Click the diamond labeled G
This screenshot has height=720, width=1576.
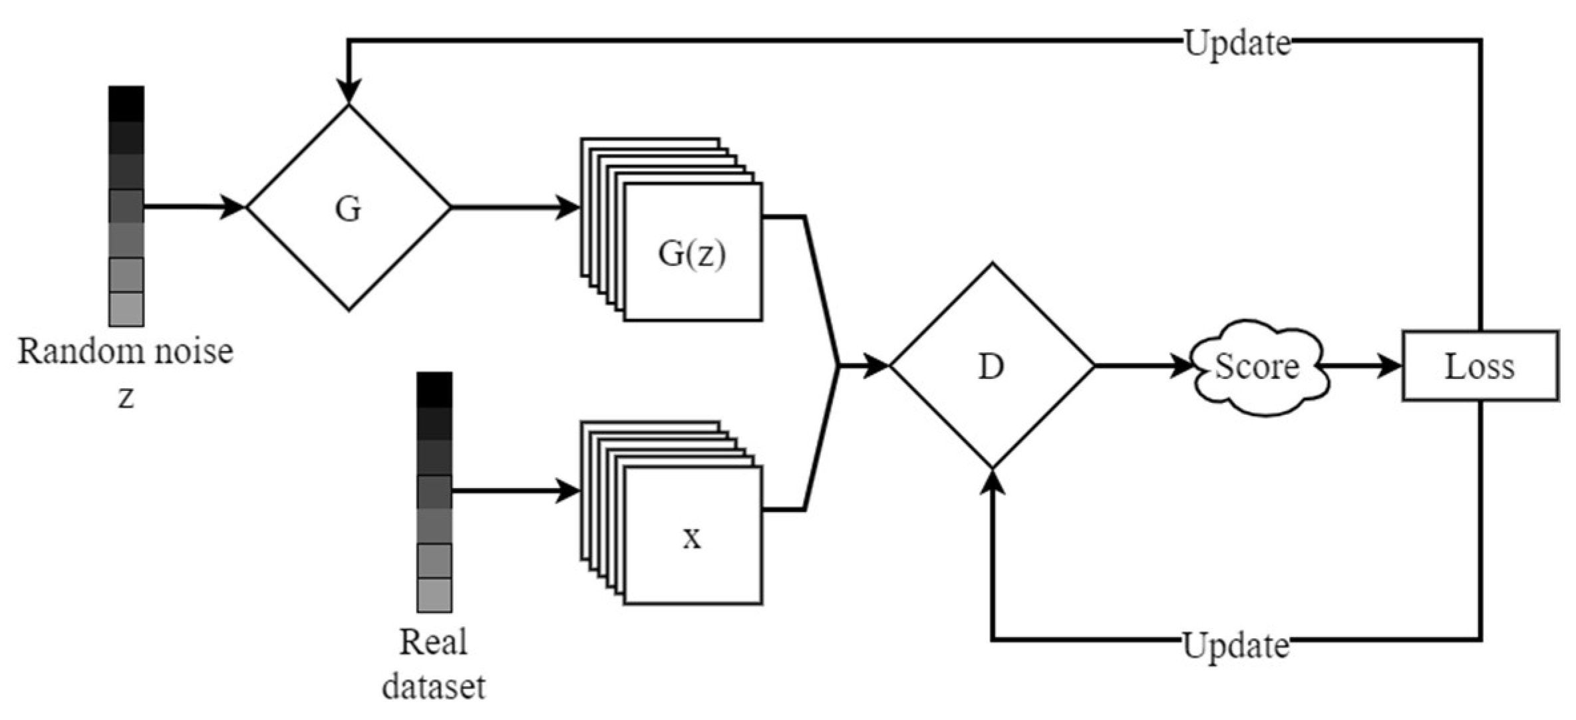coord(349,208)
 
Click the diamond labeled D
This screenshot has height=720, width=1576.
coord(991,366)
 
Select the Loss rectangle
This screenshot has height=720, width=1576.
coord(1480,366)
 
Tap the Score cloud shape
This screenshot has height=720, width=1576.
coord(1257,366)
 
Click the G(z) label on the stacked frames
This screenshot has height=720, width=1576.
coord(691,253)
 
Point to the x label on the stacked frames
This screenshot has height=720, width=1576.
coord(692,538)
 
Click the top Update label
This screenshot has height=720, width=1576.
coord(1237,44)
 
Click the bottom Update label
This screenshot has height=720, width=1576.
coord(1235,646)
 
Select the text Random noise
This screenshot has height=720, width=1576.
coord(125,351)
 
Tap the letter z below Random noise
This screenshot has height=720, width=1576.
coord(126,398)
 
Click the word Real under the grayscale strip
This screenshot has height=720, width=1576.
coord(433,642)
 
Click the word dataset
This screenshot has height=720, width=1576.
coord(433,686)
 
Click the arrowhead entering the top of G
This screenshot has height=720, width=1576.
coord(349,92)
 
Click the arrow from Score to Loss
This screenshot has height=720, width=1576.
coord(1360,366)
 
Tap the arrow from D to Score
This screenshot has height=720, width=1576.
coord(1144,366)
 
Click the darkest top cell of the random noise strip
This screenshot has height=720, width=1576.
coord(126,104)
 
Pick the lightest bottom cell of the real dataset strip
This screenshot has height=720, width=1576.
coord(434,594)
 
